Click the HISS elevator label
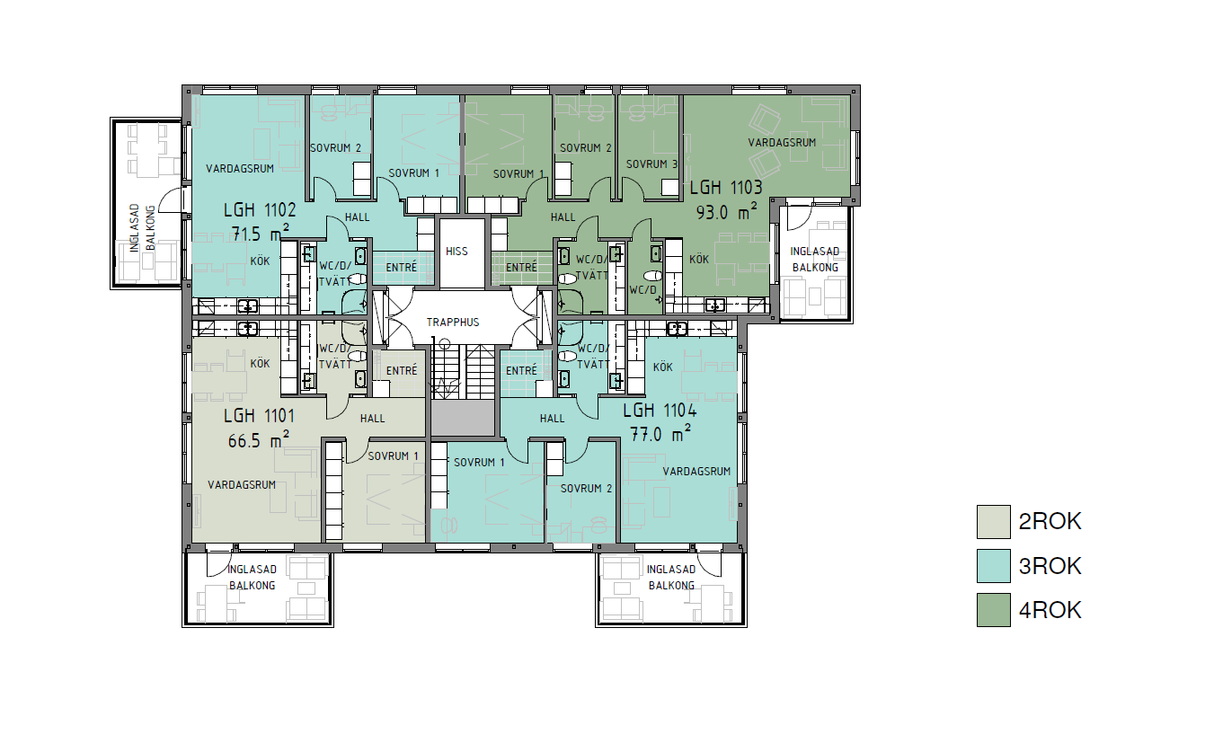(456, 252)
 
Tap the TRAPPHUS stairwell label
(453, 323)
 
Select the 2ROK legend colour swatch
(994, 522)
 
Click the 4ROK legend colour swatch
(994, 610)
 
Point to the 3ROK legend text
(1050, 566)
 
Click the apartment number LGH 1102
(260, 209)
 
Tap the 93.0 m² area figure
(726, 212)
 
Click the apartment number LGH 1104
(660, 411)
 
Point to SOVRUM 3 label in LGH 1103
(651, 164)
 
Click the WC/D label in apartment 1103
(642, 290)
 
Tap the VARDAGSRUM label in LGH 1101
(242, 485)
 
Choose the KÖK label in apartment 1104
(663, 367)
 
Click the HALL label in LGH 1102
(357, 217)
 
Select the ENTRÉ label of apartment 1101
(402, 370)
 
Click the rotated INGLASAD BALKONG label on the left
(143, 227)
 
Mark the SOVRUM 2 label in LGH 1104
(586, 489)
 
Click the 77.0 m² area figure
(660, 433)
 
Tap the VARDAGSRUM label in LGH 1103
(782, 143)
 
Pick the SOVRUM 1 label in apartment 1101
(393, 456)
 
